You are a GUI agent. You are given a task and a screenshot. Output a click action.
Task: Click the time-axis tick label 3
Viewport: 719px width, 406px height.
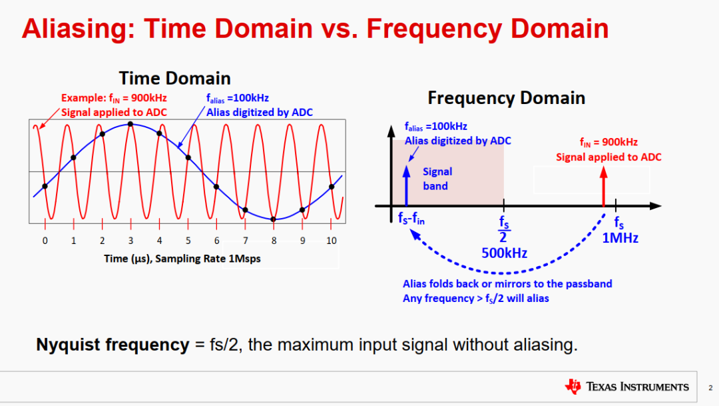[130, 241]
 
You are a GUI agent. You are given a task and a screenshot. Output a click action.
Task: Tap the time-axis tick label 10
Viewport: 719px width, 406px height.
[331, 241]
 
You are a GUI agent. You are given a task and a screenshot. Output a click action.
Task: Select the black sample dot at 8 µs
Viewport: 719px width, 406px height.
[274, 219]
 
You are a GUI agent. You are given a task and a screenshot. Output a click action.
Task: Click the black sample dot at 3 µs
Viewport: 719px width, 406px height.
[130, 124]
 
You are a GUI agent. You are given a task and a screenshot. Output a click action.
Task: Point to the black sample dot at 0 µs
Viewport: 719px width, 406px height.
[45, 187]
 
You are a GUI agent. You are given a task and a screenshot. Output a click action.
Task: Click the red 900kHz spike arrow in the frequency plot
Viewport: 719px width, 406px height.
[603, 187]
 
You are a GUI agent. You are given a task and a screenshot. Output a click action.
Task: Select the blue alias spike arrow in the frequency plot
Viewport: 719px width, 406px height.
[406, 185]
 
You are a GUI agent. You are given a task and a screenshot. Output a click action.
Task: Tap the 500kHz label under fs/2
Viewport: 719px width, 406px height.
[504, 253]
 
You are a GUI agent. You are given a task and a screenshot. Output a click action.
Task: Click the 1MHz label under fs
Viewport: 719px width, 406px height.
[620, 238]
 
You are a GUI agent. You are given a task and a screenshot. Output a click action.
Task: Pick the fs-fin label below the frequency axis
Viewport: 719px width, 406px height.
[411, 219]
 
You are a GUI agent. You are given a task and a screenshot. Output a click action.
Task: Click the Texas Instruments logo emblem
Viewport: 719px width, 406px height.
[573, 387]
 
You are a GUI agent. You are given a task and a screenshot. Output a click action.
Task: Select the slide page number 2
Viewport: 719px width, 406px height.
[710, 388]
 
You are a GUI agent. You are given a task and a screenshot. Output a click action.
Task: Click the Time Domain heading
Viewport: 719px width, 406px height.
[174, 79]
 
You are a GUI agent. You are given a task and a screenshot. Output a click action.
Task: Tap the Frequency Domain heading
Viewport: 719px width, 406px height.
[506, 98]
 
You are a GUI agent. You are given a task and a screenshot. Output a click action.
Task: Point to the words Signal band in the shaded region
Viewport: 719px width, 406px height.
[437, 179]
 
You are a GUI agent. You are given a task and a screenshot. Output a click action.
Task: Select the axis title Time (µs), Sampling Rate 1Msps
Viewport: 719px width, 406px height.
[182, 259]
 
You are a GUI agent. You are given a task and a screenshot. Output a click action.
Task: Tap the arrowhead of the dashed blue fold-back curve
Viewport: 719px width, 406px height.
[415, 234]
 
